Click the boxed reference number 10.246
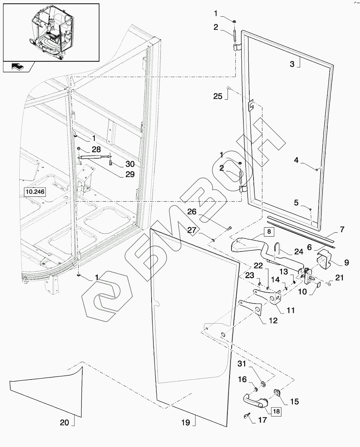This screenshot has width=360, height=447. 35,192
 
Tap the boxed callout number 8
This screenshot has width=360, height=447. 268,232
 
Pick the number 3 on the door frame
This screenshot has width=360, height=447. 292,64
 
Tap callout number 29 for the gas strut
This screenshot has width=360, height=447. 130,175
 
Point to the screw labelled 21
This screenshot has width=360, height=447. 329,284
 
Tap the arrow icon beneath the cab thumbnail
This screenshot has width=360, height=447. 18,67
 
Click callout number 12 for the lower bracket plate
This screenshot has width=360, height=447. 273,320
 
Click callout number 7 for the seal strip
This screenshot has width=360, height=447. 342,229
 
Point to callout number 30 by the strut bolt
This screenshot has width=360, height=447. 130,164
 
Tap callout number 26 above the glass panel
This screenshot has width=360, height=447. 192,212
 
